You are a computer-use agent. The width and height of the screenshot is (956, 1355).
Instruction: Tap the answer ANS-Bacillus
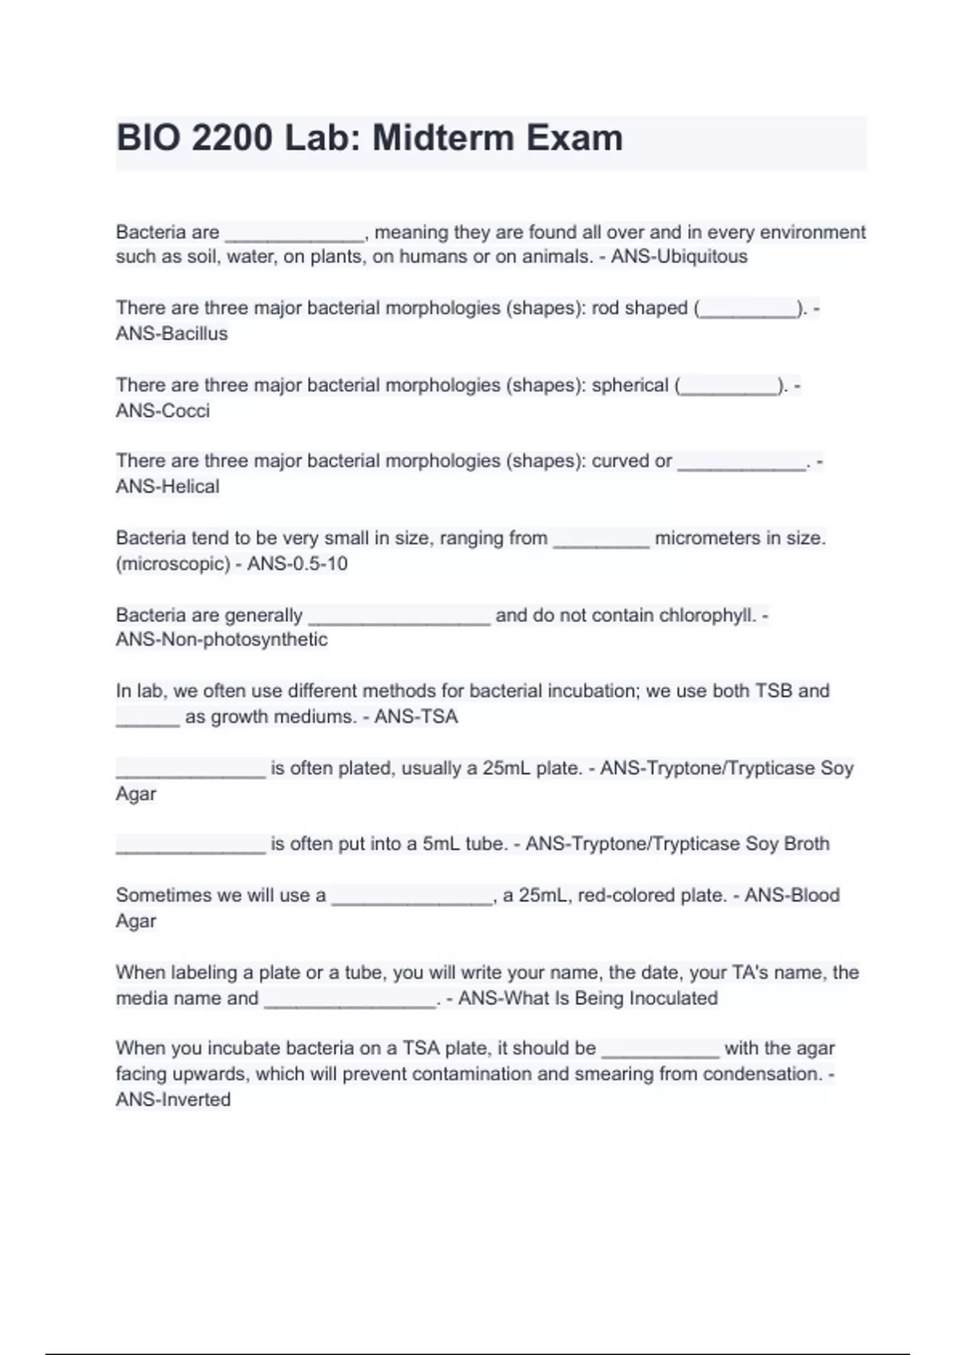tap(171, 333)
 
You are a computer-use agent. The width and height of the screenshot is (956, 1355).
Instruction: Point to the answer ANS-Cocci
tap(163, 410)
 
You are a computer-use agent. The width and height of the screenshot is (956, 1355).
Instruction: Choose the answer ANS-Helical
tap(167, 486)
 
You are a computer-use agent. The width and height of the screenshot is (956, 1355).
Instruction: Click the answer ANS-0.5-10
tap(297, 564)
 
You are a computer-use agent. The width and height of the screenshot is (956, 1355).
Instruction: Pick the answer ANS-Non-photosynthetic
tap(221, 639)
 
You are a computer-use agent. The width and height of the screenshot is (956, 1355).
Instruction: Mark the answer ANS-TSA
tap(416, 717)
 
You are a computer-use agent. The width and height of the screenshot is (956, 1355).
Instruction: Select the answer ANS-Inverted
tap(173, 1099)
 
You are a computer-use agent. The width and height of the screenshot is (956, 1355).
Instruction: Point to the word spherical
tap(630, 385)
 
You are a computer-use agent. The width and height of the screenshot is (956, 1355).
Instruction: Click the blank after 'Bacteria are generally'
tap(399, 618)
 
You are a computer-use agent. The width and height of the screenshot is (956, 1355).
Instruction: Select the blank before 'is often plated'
tap(190, 771)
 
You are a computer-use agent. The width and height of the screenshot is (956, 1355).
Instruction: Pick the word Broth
tap(806, 843)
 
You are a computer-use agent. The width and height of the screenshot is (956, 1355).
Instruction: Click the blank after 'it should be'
tap(660, 1051)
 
